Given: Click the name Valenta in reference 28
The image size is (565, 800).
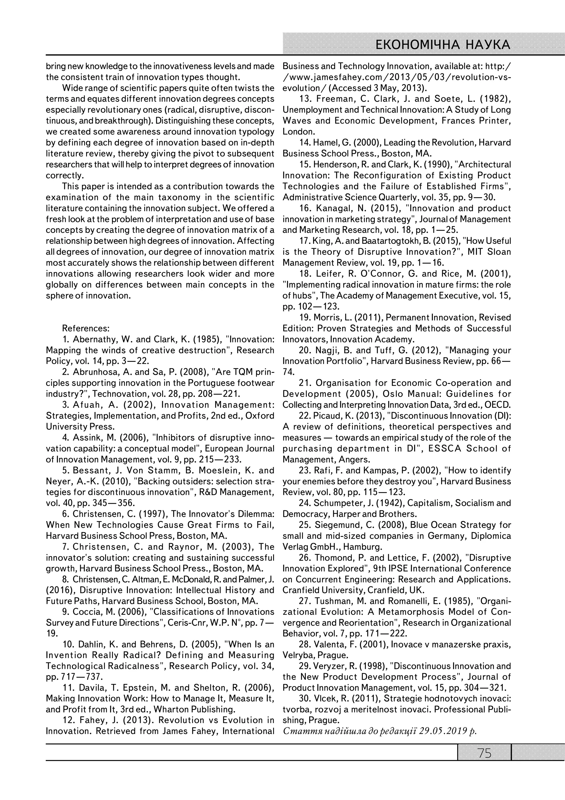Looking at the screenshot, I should click(329, 645).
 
